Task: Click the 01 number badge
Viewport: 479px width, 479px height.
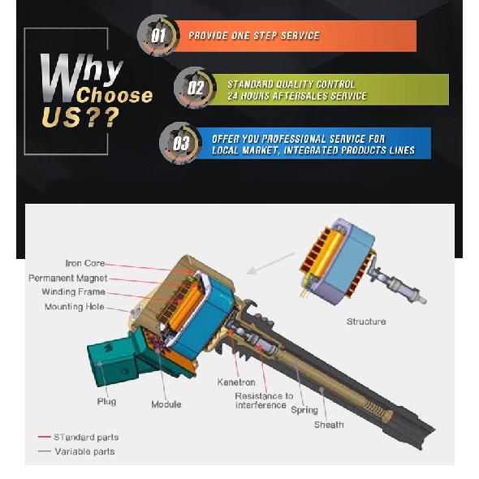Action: point(158,36)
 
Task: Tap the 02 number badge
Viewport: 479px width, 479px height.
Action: point(195,88)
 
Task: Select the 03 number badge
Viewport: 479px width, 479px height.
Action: point(180,143)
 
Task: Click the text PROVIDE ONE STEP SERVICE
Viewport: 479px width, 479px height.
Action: point(254,36)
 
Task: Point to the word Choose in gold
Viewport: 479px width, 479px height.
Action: point(114,95)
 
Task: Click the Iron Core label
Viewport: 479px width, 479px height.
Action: point(85,263)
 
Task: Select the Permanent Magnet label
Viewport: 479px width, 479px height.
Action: point(68,278)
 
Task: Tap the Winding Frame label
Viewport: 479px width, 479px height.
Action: point(74,291)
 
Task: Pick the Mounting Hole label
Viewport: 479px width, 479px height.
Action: point(75,306)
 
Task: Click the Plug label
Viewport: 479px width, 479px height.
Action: point(106,401)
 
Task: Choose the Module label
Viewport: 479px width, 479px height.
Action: point(166,404)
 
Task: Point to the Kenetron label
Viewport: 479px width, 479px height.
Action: point(236,382)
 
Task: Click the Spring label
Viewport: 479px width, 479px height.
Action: point(304,410)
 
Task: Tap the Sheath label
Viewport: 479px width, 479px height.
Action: point(329,425)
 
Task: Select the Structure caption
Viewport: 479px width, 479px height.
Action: point(366,321)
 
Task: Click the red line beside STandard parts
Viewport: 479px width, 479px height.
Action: point(45,437)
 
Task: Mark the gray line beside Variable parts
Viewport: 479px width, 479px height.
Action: point(45,451)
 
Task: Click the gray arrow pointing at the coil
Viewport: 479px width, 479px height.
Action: point(270,263)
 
